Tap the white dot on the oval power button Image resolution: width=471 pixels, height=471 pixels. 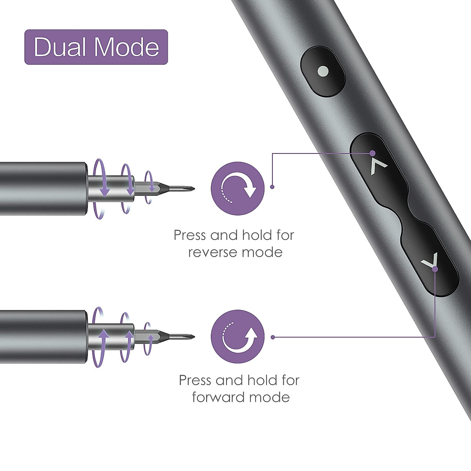pyautogui.click(x=323, y=72)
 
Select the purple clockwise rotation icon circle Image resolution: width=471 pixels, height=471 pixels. pyautogui.click(x=238, y=188)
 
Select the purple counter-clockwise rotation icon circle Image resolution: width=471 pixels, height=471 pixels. pyautogui.click(x=238, y=337)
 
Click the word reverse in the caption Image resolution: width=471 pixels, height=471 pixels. pyautogui.click(x=212, y=252)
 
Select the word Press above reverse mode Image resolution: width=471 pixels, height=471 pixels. pyautogui.click(x=190, y=235)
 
